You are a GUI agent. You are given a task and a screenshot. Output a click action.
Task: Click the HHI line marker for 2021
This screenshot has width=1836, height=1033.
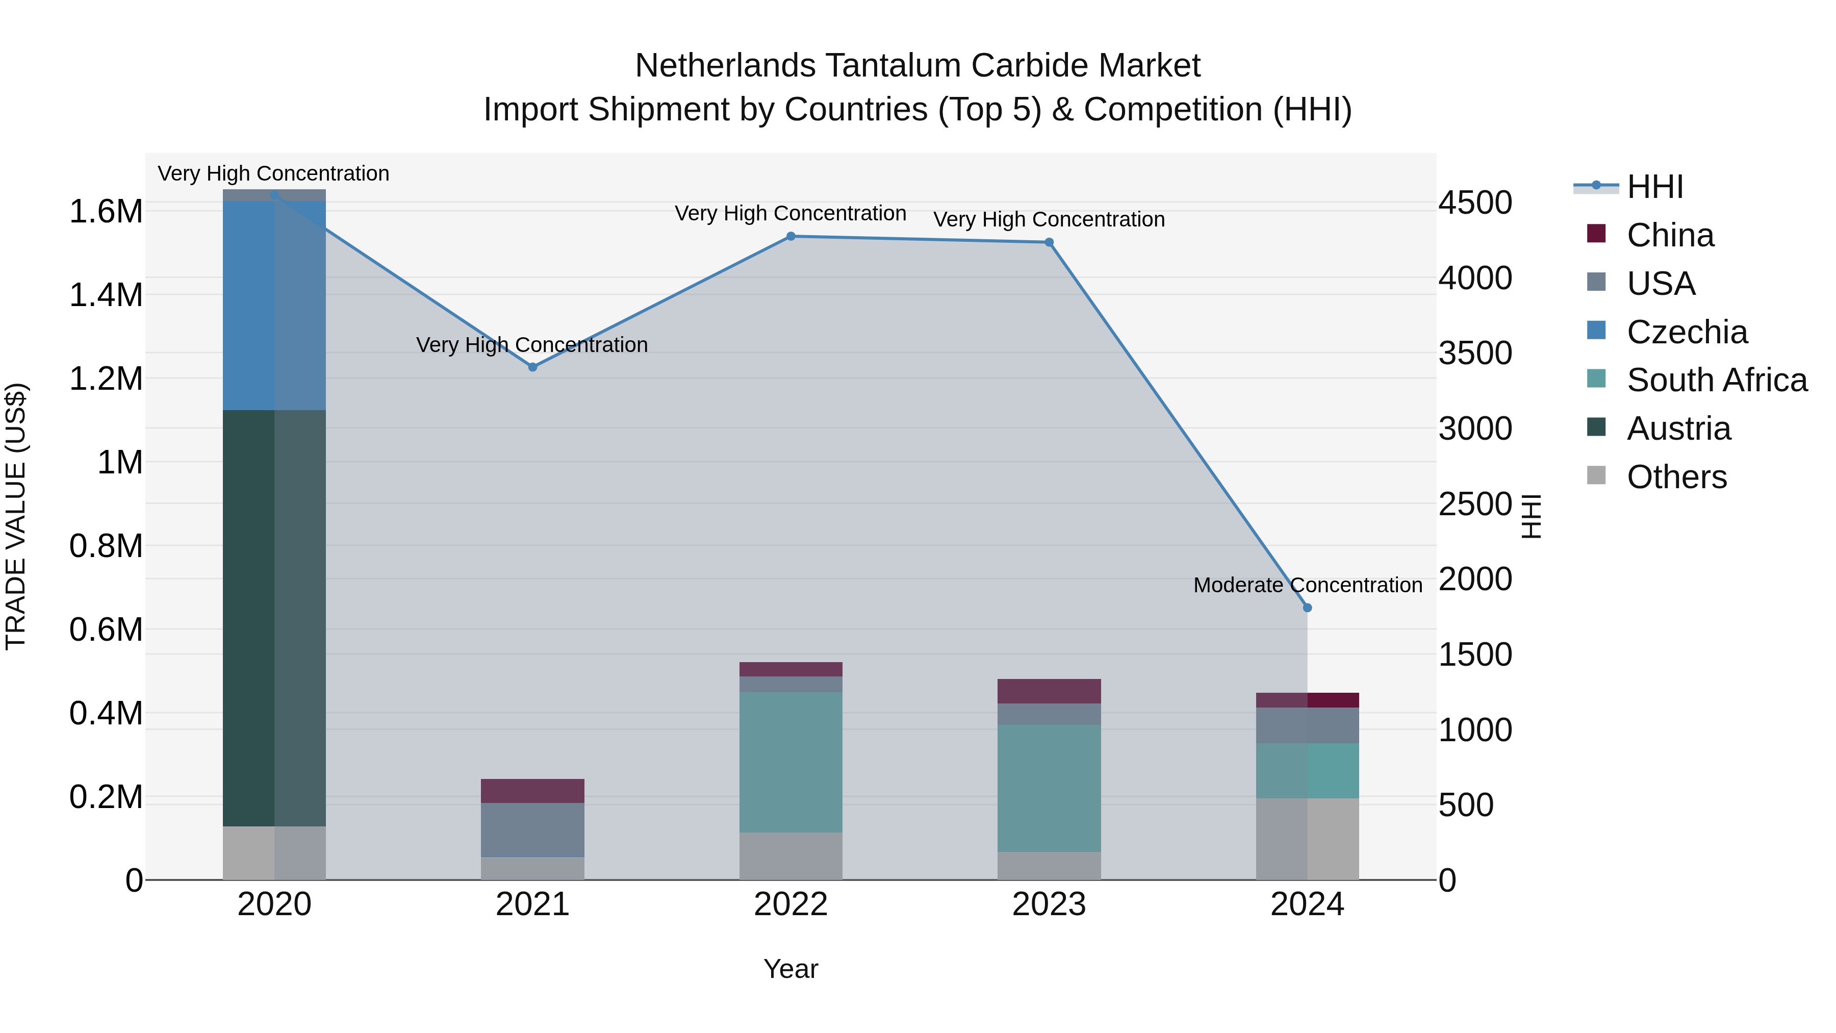coord(532,367)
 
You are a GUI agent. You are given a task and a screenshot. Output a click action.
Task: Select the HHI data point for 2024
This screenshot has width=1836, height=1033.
coord(1307,608)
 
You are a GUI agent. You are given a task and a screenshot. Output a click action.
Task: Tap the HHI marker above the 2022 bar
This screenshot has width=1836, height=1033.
coord(790,236)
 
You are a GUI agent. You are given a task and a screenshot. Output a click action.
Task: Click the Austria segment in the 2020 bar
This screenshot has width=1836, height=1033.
coord(274,618)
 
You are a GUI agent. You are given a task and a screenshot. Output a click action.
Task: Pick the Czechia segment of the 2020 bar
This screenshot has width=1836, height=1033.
coord(274,305)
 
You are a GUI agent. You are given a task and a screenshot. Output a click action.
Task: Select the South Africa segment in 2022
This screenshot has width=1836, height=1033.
coord(790,762)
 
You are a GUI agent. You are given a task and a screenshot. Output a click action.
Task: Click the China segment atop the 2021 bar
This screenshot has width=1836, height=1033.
coord(532,791)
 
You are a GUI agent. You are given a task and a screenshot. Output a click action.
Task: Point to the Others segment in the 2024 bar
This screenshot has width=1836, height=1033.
coord(1307,839)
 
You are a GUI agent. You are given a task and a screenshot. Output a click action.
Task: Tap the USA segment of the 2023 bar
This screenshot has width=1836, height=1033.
coord(1049,714)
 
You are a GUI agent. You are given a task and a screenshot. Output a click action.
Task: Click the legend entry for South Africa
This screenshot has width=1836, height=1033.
coord(1716,380)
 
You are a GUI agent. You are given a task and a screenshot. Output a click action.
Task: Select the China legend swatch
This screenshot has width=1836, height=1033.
coord(1596,234)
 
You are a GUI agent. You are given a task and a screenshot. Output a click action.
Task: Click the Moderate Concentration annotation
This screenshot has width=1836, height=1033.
coord(1307,585)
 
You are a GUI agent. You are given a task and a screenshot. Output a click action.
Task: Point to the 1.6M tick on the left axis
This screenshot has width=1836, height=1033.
coord(106,212)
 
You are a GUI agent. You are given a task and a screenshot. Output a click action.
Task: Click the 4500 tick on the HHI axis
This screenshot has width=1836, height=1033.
coord(1474,203)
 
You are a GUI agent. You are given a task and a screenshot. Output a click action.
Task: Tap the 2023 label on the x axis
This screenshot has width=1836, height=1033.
coord(1049,904)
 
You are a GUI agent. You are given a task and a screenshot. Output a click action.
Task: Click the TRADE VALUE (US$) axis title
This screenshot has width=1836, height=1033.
coord(16,516)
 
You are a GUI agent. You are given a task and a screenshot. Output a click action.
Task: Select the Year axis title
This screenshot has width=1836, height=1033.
coord(790,969)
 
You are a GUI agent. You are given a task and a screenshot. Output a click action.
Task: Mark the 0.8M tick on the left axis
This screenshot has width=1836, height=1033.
coord(106,546)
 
